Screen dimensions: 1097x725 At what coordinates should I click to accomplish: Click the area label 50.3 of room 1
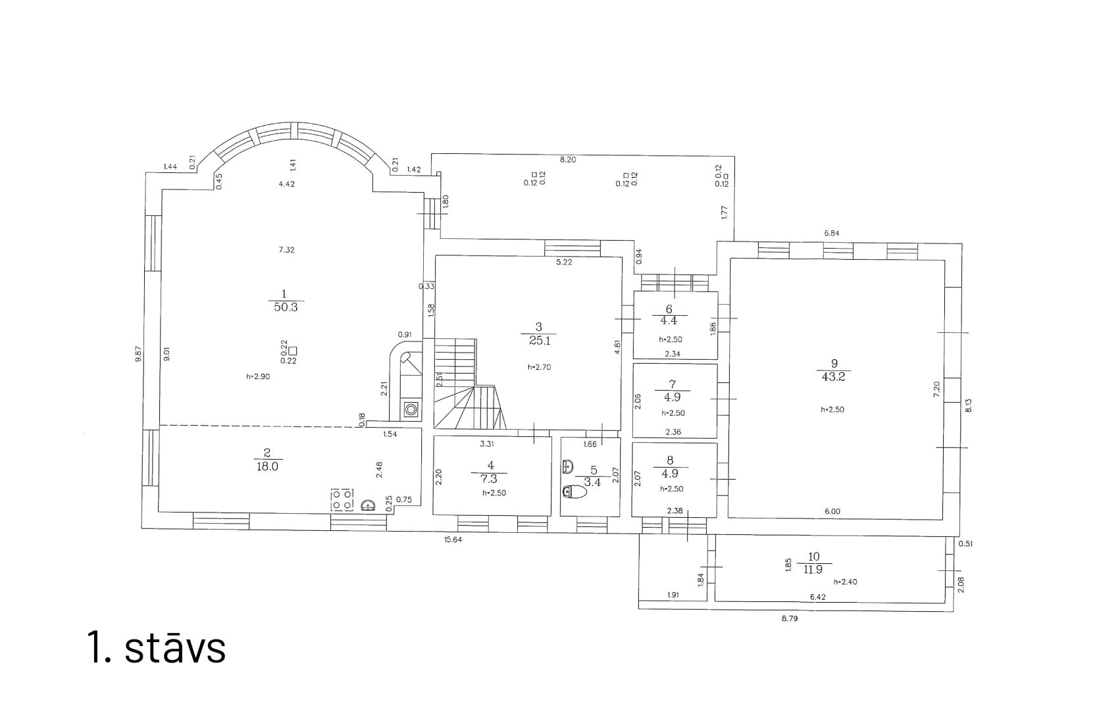click(x=286, y=307)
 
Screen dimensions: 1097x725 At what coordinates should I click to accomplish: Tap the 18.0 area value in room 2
click(x=267, y=466)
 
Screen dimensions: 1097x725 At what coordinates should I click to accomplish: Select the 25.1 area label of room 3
click(x=540, y=341)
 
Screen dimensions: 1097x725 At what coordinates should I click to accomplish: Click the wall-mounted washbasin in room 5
click(x=568, y=466)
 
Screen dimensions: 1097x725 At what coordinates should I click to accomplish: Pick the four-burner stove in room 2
click(x=342, y=499)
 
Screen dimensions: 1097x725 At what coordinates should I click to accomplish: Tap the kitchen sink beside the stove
click(x=368, y=505)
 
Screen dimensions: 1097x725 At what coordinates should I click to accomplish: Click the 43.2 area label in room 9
click(x=833, y=377)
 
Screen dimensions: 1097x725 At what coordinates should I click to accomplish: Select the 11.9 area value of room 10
click(x=813, y=569)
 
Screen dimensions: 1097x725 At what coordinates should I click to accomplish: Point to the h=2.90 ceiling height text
click(x=258, y=376)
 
